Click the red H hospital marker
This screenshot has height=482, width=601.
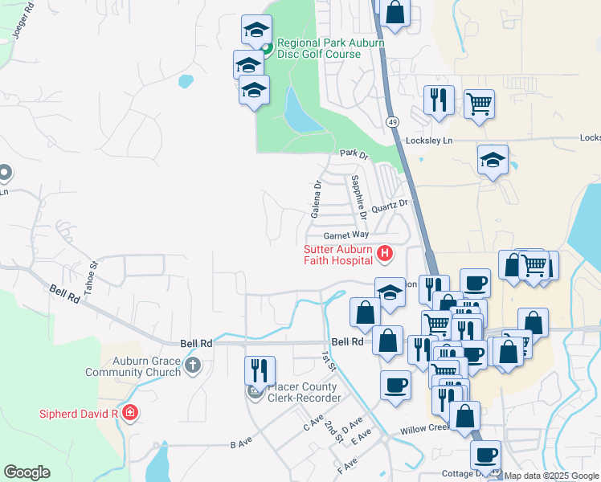[385, 255]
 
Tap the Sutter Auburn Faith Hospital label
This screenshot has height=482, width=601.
[337, 255]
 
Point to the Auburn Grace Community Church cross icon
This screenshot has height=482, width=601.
[192, 366]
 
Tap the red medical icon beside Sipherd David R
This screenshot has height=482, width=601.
[129, 414]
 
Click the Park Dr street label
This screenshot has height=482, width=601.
[353, 153]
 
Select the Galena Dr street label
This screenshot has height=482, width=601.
[317, 198]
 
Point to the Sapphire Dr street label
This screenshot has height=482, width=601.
[358, 198]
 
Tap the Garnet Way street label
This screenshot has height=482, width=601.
[345, 235]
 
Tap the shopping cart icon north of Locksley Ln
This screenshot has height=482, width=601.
[479, 103]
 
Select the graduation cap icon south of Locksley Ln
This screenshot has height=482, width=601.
[493, 159]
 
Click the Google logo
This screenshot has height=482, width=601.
[27, 472]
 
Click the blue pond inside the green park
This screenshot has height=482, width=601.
[299, 112]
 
